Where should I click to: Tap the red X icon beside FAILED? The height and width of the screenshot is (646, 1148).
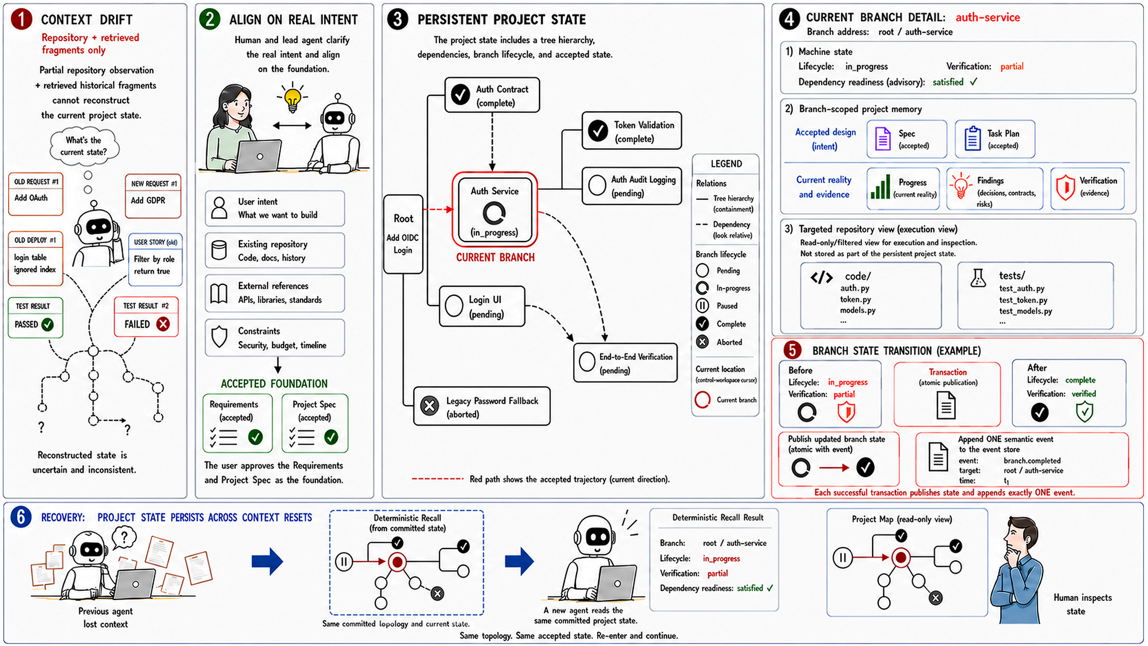tap(163, 324)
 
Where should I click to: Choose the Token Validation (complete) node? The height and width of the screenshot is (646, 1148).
tap(631, 131)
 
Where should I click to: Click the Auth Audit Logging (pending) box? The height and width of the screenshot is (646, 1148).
tap(631, 186)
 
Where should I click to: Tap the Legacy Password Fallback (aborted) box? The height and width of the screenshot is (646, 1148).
tap(482, 406)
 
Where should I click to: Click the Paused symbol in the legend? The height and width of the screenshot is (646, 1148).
tap(702, 306)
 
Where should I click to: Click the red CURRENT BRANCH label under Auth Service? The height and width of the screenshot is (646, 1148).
tap(495, 258)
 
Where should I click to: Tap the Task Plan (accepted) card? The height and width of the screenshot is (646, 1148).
tap(995, 139)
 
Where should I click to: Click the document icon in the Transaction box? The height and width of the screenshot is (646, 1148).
tap(946, 405)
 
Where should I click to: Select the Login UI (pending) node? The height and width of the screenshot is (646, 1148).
tap(482, 306)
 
